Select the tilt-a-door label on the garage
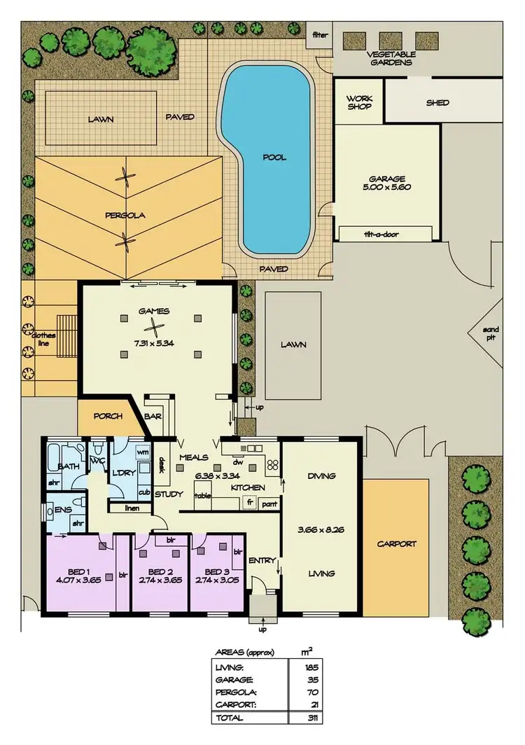tap(381, 234)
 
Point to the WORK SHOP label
tap(359, 102)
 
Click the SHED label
tap(437, 103)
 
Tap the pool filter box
tap(319, 34)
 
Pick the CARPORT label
tap(396, 543)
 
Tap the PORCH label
tap(108, 416)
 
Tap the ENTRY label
tap(262, 560)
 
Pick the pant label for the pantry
tap(269, 503)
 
